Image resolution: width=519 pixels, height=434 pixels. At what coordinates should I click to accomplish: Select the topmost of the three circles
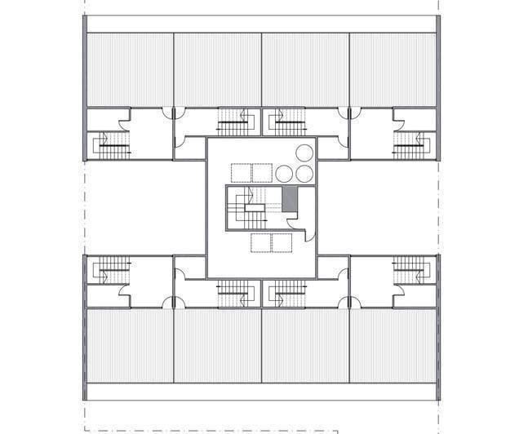[x=304, y=153]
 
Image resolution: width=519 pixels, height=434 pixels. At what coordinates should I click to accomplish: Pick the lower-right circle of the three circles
[x=304, y=173]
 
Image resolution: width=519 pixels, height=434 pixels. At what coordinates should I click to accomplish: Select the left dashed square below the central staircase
[x=261, y=243]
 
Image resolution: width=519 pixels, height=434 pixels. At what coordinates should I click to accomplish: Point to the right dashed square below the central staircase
[x=282, y=243]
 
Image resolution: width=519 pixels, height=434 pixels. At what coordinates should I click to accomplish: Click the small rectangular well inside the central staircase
[x=254, y=209]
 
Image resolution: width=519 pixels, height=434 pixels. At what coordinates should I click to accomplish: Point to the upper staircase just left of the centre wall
[x=235, y=125]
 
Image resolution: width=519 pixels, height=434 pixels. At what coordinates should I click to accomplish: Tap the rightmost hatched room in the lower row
[x=393, y=345]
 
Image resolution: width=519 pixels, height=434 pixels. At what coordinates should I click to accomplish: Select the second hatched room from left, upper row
[x=217, y=69]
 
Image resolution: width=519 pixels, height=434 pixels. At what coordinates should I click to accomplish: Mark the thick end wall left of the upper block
[x=84, y=87]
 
